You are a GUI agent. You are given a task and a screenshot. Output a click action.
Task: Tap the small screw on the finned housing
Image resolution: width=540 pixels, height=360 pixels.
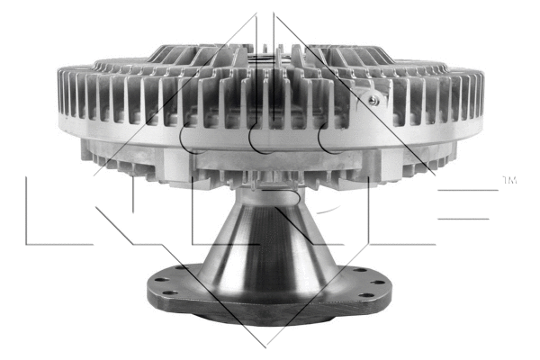click(370, 101)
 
